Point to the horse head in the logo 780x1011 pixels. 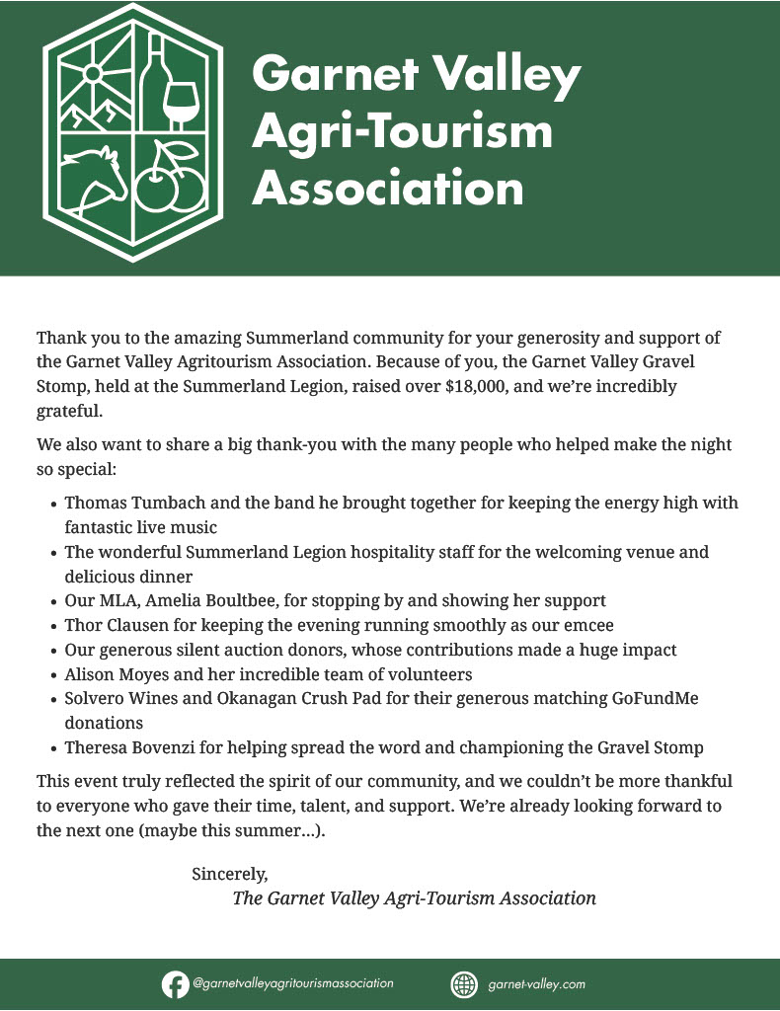(93, 179)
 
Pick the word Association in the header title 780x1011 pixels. (387, 188)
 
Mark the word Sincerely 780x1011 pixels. (229, 874)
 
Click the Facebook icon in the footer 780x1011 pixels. (175, 984)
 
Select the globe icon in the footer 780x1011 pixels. (463, 984)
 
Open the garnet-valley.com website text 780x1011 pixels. (537, 984)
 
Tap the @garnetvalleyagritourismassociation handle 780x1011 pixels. (293, 984)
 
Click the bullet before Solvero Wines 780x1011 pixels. (52, 700)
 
